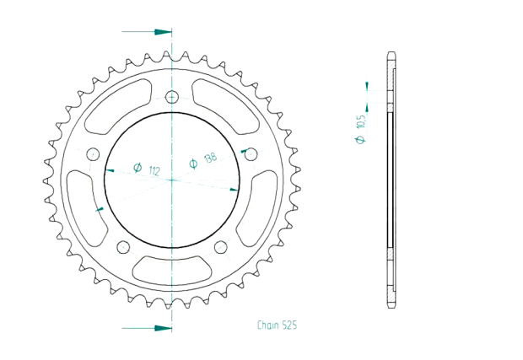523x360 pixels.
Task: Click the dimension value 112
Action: pos(154,172)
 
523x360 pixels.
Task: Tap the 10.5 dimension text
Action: pos(361,121)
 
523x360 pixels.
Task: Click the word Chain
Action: pos(269,325)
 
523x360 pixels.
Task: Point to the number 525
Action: pos(289,325)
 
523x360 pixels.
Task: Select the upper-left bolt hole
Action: pos(93,153)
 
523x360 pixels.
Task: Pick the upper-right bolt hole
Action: pos(250,153)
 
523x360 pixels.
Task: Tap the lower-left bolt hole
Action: pos(123,247)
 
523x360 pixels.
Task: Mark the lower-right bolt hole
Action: pos(220,247)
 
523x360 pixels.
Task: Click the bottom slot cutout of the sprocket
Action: pos(171,271)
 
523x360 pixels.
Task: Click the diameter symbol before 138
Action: pos(193,164)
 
